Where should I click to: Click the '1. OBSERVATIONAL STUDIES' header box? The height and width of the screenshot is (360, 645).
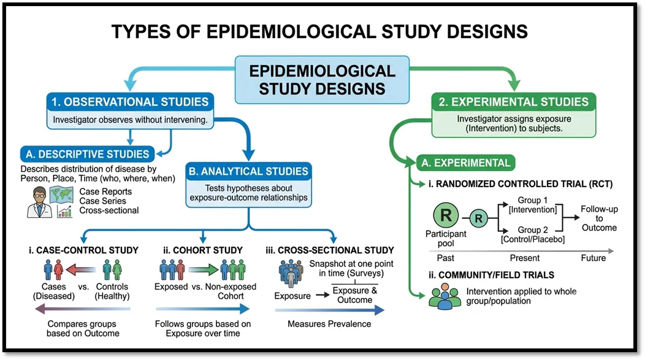(x=130, y=102)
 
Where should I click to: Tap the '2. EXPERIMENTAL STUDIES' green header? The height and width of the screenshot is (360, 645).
(x=513, y=102)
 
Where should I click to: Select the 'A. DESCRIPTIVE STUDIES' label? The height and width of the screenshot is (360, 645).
(x=87, y=155)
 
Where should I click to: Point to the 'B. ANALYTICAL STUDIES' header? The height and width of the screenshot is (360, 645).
(x=248, y=171)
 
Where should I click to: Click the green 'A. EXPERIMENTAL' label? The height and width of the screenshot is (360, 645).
(x=465, y=163)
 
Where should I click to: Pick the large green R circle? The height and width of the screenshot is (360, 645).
(x=446, y=215)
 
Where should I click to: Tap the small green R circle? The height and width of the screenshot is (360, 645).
(x=478, y=218)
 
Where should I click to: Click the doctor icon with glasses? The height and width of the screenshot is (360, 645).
(x=39, y=202)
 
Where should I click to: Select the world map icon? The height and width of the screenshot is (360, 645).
(x=61, y=195)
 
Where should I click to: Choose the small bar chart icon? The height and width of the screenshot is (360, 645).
(x=64, y=212)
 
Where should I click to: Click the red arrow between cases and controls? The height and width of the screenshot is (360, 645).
(x=81, y=270)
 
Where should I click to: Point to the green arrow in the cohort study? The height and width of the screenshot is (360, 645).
(x=203, y=270)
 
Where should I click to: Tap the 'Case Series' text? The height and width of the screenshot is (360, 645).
(x=103, y=201)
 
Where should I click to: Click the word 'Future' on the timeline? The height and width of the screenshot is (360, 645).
(x=593, y=258)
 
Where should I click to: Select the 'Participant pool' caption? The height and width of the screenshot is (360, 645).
(x=446, y=239)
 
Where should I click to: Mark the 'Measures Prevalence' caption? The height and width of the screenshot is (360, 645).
(x=329, y=324)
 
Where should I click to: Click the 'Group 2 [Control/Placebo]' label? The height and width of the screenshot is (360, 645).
(x=533, y=234)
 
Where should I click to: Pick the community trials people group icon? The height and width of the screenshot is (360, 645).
(x=445, y=296)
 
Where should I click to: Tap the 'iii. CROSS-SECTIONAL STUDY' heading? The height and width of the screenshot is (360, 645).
(x=329, y=250)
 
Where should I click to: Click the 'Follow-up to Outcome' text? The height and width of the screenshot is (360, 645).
(x=599, y=218)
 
